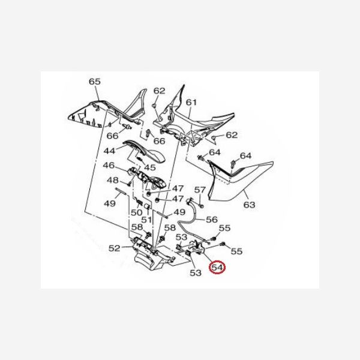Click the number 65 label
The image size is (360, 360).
pos(95,81)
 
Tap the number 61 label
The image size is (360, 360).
pos(191,103)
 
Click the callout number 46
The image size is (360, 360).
pos(109,166)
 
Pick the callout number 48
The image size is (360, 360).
pos(112,180)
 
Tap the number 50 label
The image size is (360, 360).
pos(136,212)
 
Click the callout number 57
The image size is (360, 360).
pos(200,191)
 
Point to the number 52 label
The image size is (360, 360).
pos(114,248)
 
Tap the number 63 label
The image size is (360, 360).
pos(249,205)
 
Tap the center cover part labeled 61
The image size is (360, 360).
pos(180,123)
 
